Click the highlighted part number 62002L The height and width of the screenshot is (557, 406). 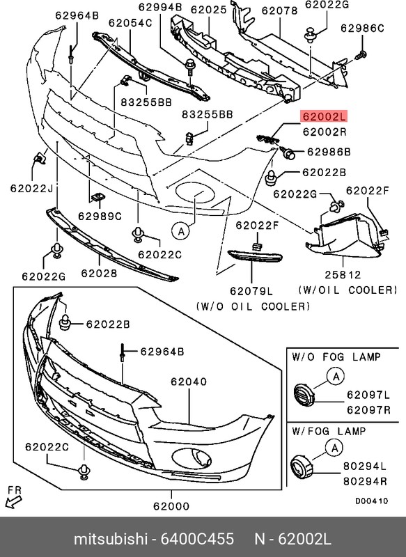[324, 116]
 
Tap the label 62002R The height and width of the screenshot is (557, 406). [325, 132]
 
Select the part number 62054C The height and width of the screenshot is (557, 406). [130, 23]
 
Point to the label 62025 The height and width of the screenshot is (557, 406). [208, 10]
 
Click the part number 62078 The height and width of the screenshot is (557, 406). [279, 10]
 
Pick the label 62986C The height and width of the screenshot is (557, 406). [362, 28]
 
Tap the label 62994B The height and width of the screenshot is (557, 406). [160, 7]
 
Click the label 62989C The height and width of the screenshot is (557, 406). [100, 216]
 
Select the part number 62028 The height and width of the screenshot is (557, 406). [99, 273]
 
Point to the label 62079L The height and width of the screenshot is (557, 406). [251, 291]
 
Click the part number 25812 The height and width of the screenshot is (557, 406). [343, 274]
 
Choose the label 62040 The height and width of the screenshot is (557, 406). [189, 382]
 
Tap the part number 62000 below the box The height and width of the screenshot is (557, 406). [171, 506]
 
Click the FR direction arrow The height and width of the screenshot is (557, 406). [13, 501]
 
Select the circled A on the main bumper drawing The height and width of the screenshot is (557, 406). [181, 232]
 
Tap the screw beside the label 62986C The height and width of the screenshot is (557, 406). [361, 55]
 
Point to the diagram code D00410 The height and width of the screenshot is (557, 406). [372, 501]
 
